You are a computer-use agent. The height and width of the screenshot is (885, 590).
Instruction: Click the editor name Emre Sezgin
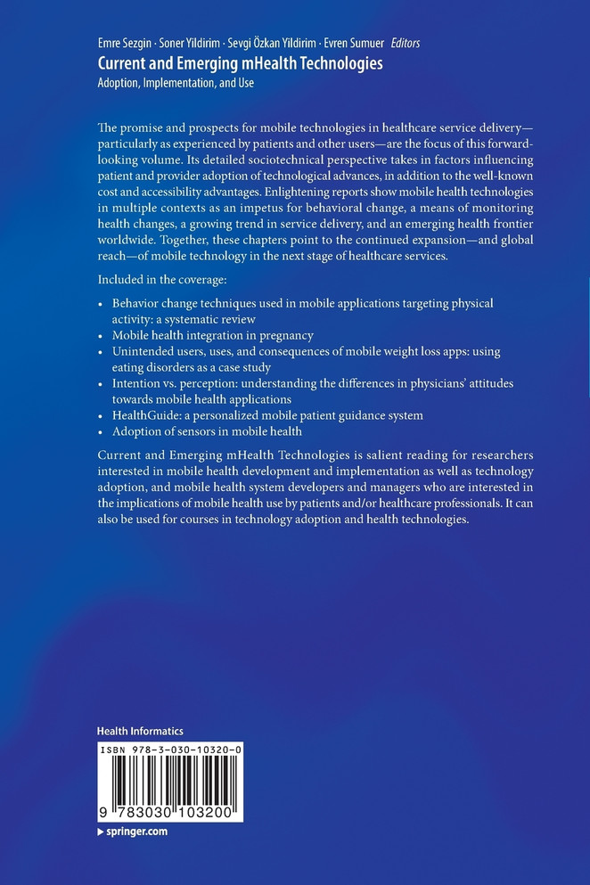coord(125,43)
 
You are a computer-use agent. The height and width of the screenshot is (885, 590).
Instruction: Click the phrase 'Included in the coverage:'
coord(160,277)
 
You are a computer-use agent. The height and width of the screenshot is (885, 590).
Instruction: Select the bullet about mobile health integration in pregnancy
coord(212,335)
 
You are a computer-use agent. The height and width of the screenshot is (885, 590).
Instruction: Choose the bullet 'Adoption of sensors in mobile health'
coord(207,431)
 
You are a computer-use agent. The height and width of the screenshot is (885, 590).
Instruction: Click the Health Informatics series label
coord(140,731)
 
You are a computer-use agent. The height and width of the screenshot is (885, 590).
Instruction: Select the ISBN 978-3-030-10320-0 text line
coord(170,750)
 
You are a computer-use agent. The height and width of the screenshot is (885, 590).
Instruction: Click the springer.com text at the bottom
coord(136,831)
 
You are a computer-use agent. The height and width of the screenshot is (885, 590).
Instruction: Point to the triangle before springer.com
coord(101,831)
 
